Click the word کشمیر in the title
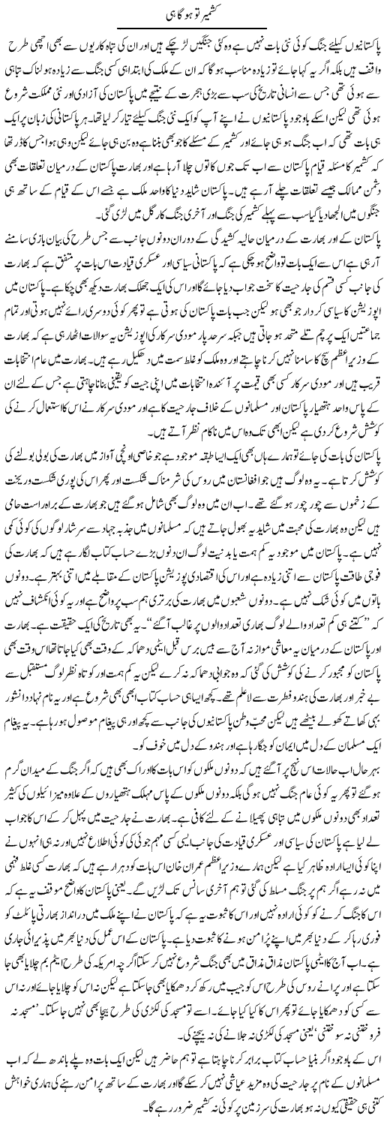point(212,16)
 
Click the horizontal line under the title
point(193,30)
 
